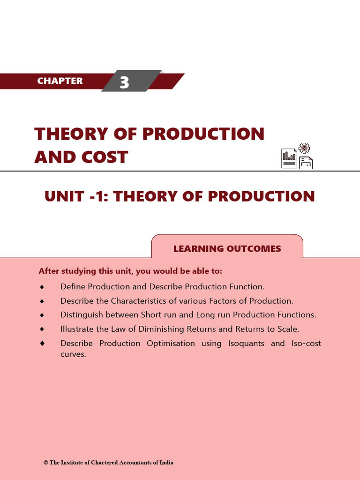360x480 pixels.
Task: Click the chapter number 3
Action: point(124,82)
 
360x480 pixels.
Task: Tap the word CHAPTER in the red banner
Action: point(60,81)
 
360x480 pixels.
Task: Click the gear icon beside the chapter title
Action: point(304,149)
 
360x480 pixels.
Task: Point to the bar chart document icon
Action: point(289,158)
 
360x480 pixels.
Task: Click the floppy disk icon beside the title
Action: point(306,162)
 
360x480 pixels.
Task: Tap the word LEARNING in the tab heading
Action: point(197,249)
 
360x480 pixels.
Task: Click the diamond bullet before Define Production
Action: point(42,286)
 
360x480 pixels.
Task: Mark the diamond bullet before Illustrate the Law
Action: point(42,329)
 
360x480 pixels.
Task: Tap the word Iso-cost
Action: point(307,344)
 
